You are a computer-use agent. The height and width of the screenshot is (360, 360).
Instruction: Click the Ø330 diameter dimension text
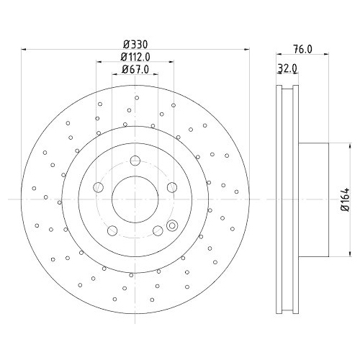tap(135, 45)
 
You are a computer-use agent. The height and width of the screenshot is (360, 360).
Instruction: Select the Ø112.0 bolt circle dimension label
tap(135, 57)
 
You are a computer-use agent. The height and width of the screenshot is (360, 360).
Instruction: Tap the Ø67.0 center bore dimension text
tap(135, 69)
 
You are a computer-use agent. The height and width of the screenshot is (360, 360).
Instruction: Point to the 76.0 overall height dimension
tap(304, 50)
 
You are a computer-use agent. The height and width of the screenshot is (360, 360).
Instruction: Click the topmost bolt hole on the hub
tap(135, 161)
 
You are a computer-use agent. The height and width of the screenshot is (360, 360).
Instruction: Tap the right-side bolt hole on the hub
tap(171, 187)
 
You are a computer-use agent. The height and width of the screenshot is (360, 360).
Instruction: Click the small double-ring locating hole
tap(171, 225)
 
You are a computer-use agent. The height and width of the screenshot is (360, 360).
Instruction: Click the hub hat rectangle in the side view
tap(312, 199)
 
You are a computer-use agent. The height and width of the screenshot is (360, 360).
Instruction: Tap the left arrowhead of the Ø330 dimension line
tap(26, 50)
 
